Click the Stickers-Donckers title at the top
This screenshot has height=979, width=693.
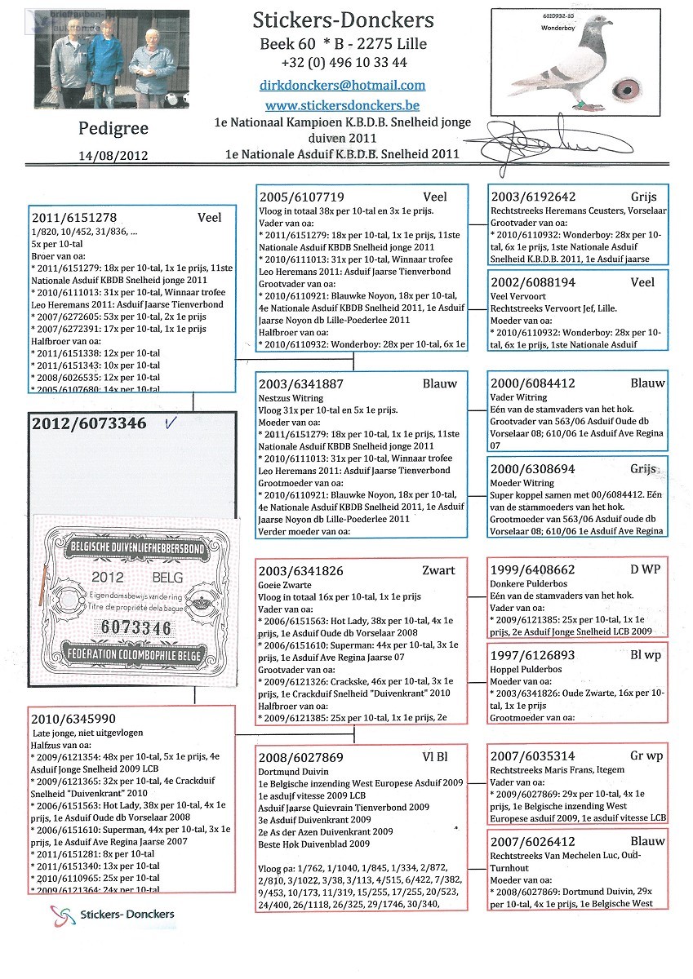tap(342, 20)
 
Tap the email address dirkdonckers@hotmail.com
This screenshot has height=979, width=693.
tap(342, 85)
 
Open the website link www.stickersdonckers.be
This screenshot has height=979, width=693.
tap(342, 105)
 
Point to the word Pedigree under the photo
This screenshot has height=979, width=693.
tap(111, 128)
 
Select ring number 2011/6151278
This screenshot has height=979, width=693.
tap(74, 218)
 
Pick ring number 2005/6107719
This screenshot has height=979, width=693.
tap(302, 197)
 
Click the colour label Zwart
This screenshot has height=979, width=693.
tap(439, 570)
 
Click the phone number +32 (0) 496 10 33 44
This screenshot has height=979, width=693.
tap(342, 63)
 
